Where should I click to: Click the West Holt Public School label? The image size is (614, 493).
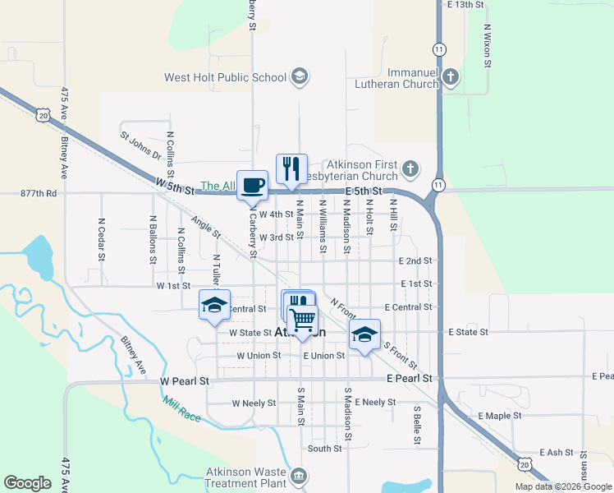(225, 78)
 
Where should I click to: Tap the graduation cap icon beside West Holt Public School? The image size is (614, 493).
(300, 78)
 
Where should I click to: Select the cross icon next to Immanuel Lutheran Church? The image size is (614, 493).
(449, 78)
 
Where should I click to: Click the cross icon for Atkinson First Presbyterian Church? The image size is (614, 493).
(410, 171)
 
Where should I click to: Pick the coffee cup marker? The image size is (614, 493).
(252, 185)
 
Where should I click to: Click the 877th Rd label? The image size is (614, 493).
(39, 194)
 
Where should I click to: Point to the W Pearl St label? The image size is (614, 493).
(186, 382)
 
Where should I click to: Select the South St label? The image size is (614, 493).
(324, 449)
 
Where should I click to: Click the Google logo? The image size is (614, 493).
(27, 483)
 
